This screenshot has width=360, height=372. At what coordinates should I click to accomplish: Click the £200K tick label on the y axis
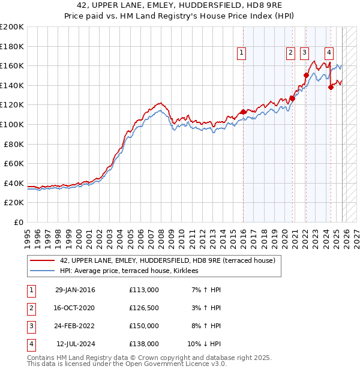click(x=12, y=26)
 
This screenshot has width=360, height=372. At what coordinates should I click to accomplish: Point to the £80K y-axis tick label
click(x=14, y=144)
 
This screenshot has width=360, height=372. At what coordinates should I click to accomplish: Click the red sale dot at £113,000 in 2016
click(x=243, y=112)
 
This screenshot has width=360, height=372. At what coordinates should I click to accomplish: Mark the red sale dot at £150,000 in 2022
click(x=306, y=76)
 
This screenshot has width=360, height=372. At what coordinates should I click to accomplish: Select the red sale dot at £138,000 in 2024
click(x=331, y=87)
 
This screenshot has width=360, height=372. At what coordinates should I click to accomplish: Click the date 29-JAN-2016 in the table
click(x=74, y=290)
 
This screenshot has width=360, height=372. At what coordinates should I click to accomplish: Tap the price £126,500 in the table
click(x=143, y=308)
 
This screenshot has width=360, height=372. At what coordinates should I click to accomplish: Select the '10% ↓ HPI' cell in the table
click(x=205, y=344)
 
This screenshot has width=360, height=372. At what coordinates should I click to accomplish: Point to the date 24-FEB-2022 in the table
click(x=74, y=326)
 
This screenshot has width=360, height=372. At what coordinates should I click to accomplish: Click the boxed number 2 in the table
click(x=31, y=308)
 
